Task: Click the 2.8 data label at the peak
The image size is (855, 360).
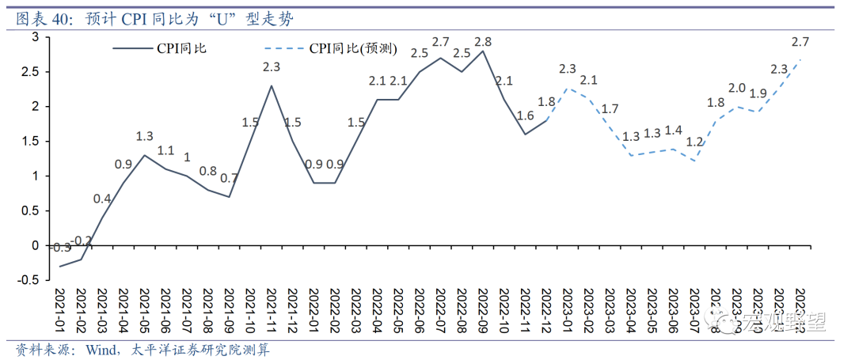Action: tap(482, 41)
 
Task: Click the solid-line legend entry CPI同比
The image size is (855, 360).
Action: tap(182, 49)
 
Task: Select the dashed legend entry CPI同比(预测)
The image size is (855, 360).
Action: tap(351, 49)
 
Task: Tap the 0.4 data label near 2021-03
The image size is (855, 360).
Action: tap(102, 199)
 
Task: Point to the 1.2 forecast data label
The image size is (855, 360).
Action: tap(694, 142)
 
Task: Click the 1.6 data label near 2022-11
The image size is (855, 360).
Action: tap(525, 116)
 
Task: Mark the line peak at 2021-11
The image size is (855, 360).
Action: tap(272, 85)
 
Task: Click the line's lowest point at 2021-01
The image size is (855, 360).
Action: tap(60, 266)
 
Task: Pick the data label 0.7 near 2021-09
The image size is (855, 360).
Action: tap(229, 178)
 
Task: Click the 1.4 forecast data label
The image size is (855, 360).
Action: tap(673, 131)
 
